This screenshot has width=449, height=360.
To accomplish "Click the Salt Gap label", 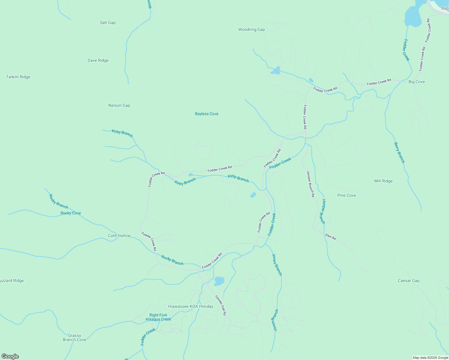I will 107,22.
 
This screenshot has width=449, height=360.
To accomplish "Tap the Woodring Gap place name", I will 252,29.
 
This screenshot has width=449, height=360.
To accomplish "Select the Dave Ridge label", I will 98,60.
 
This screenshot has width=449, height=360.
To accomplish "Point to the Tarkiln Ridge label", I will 18,77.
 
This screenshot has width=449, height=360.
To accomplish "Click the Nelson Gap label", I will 119,105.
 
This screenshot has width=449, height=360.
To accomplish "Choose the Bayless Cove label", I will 206,114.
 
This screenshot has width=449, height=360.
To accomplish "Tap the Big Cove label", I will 417,82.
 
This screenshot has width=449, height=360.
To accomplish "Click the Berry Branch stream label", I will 399,153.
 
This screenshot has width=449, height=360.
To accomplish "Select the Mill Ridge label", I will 383,181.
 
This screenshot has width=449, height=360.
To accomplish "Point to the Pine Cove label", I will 346,195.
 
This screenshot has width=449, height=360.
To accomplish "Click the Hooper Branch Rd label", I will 310,184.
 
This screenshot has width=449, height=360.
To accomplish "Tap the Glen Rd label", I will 330,237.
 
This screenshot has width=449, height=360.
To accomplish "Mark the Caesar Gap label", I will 408,280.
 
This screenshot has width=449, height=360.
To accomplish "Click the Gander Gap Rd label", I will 221,305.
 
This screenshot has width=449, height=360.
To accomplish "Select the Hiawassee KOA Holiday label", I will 190,306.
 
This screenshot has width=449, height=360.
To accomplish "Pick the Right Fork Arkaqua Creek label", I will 158,317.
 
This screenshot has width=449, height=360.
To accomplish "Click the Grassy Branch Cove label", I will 74,337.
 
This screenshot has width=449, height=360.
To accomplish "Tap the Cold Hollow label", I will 119,235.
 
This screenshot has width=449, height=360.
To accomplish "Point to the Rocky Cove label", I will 71,213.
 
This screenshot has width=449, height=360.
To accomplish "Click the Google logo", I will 10,356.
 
